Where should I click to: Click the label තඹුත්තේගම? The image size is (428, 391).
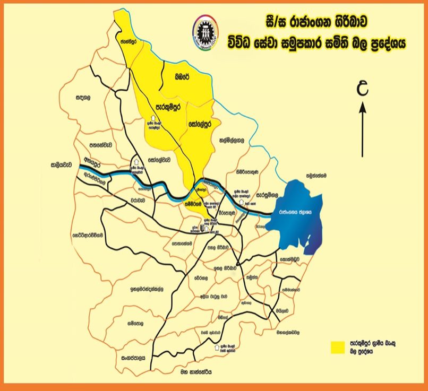pyautogui.click(x=319, y=173)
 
